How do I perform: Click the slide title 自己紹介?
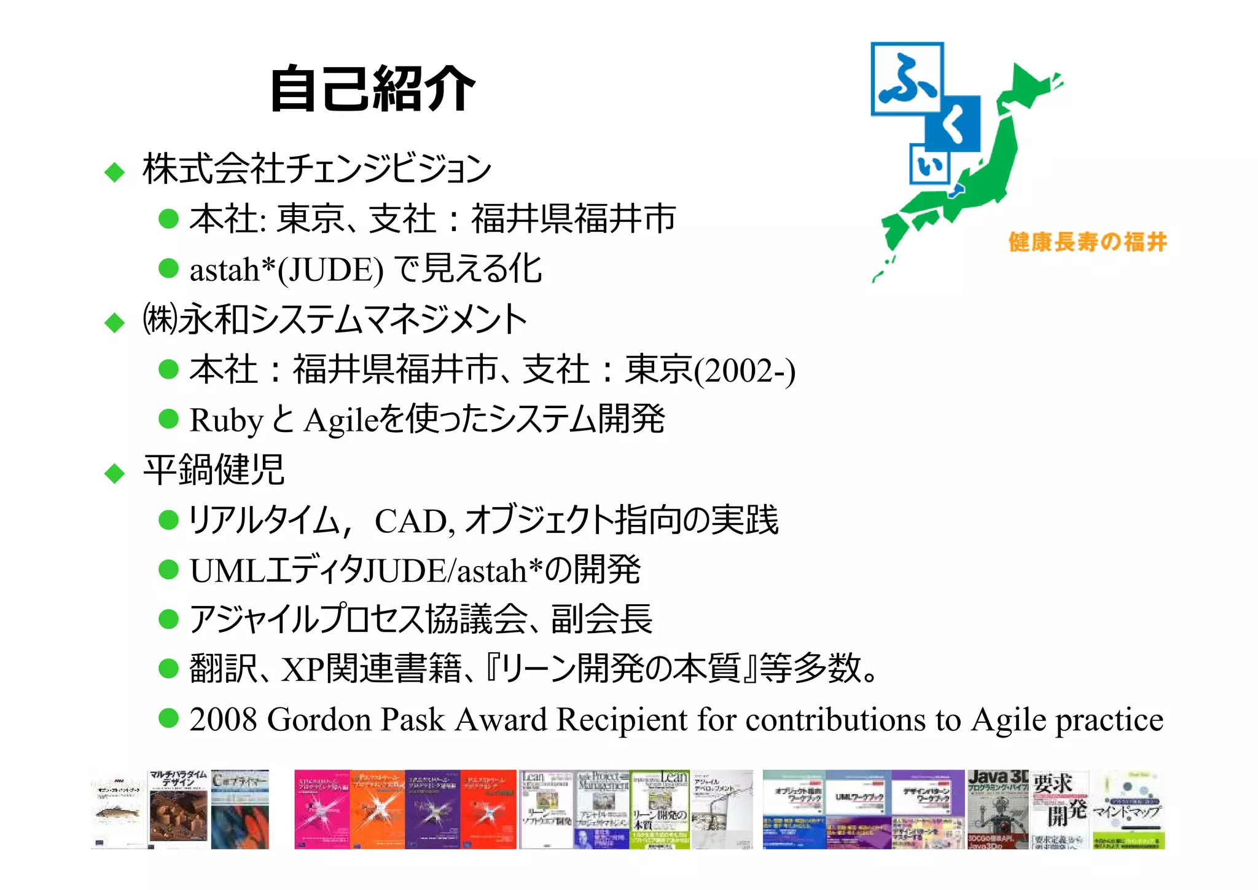[x=373, y=89]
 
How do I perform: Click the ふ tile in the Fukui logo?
[x=907, y=79]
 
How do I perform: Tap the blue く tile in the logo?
[x=953, y=124]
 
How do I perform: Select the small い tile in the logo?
[x=929, y=164]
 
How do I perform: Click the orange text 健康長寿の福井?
[x=1087, y=242]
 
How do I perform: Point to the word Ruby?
[x=226, y=420]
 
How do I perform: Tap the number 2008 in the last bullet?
[x=223, y=719]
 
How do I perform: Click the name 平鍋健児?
[x=213, y=470]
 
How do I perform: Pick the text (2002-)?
[x=744, y=371]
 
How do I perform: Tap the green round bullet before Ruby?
[x=168, y=419]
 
